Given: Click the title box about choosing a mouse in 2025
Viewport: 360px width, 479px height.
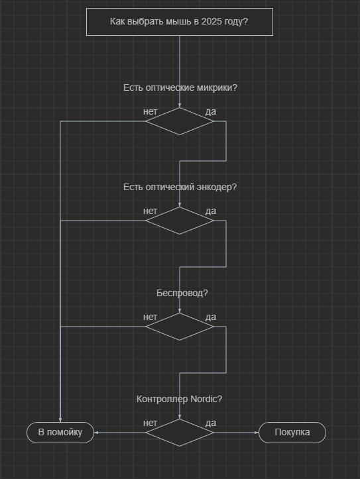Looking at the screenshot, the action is tap(180, 22).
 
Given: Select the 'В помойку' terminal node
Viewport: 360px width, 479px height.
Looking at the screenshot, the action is tap(60, 433).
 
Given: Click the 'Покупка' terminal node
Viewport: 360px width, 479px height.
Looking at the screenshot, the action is tap(292, 433).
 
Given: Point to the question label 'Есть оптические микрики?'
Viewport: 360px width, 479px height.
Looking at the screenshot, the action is tap(180, 87).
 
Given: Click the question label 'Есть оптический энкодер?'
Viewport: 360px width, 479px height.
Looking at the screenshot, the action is tap(180, 187).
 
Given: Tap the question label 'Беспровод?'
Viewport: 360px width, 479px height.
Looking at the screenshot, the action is tap(182, 293).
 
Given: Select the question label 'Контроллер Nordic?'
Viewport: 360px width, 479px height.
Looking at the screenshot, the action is tap(180, 399).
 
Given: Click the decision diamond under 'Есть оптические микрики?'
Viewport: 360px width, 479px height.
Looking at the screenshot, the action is tap(180, 121).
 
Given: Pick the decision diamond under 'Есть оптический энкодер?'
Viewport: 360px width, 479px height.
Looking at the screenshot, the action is tap(180, 221).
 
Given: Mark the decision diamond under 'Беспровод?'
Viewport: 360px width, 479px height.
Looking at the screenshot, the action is tap(180, 327).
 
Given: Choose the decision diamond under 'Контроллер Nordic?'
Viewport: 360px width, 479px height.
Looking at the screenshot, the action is tap(180, 433).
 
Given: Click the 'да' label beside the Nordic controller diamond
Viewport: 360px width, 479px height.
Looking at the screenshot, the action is tap(211, 423).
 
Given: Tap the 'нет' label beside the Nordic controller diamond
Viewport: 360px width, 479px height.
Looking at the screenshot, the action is tap(150, 423).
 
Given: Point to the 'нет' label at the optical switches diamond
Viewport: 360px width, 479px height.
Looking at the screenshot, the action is tap(150, 112).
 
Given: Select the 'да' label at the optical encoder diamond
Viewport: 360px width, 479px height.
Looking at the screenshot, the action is tap(211, 211).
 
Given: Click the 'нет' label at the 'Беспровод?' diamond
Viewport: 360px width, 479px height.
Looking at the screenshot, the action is tap(150, 317).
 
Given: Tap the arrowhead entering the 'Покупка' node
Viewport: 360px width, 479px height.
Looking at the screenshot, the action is tap(257, 433).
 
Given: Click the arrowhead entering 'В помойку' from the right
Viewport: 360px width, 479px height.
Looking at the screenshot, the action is tap(96, 433).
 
